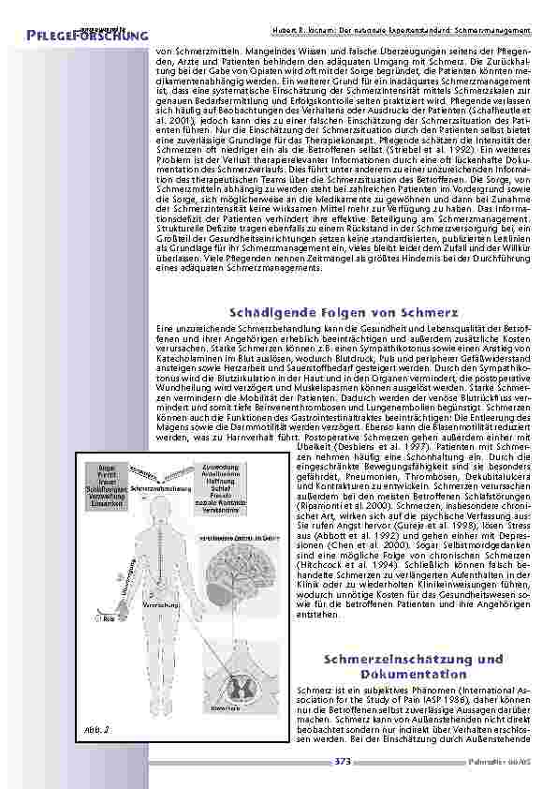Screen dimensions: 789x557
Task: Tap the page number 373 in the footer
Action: [x=343, y=761]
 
